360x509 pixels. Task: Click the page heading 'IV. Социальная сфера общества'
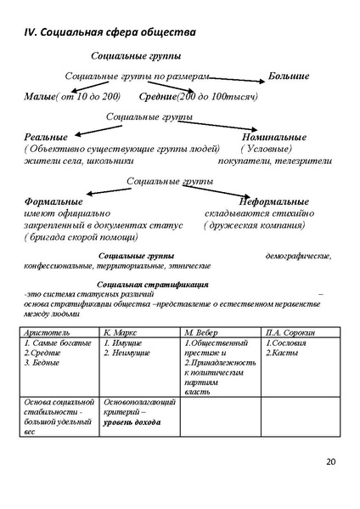(x=109, y=32)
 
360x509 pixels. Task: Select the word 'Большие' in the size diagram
(x=288, y=77)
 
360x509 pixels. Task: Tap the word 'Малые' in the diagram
(x=40, y=97)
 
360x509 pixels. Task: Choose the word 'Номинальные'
(x=273, y=137)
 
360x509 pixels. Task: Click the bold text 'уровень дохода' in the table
(x=132, y=421)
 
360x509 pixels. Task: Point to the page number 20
(x=330, y=461)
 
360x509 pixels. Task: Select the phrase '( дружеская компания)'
(x=254, y=225)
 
